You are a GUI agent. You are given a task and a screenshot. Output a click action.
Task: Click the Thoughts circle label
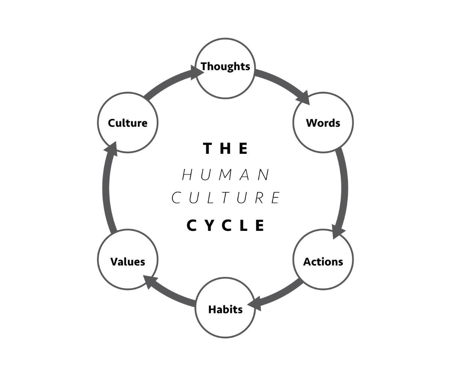[225, 67]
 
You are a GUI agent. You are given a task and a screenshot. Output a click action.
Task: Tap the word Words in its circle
[323, 123]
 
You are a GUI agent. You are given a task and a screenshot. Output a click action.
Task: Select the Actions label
[323, 262]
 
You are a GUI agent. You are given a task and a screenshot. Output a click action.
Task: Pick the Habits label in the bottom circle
[225, 309]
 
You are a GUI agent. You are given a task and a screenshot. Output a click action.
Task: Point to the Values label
[127, 262]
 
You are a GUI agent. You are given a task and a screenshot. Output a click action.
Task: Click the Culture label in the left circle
[127, 123]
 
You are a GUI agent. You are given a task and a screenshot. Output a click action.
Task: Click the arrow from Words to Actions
[344, 188]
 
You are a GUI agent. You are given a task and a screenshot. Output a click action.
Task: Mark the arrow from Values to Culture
[106, 188]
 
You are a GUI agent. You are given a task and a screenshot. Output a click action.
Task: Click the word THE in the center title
[225, 149]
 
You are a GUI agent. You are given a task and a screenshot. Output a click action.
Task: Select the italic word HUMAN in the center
[225, 175]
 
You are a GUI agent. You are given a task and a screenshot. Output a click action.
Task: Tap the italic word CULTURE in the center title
[225, 198]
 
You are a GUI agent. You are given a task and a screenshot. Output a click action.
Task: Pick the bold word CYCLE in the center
[225, 226]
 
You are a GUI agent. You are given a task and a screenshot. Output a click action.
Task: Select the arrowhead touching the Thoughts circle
[197, 72]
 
